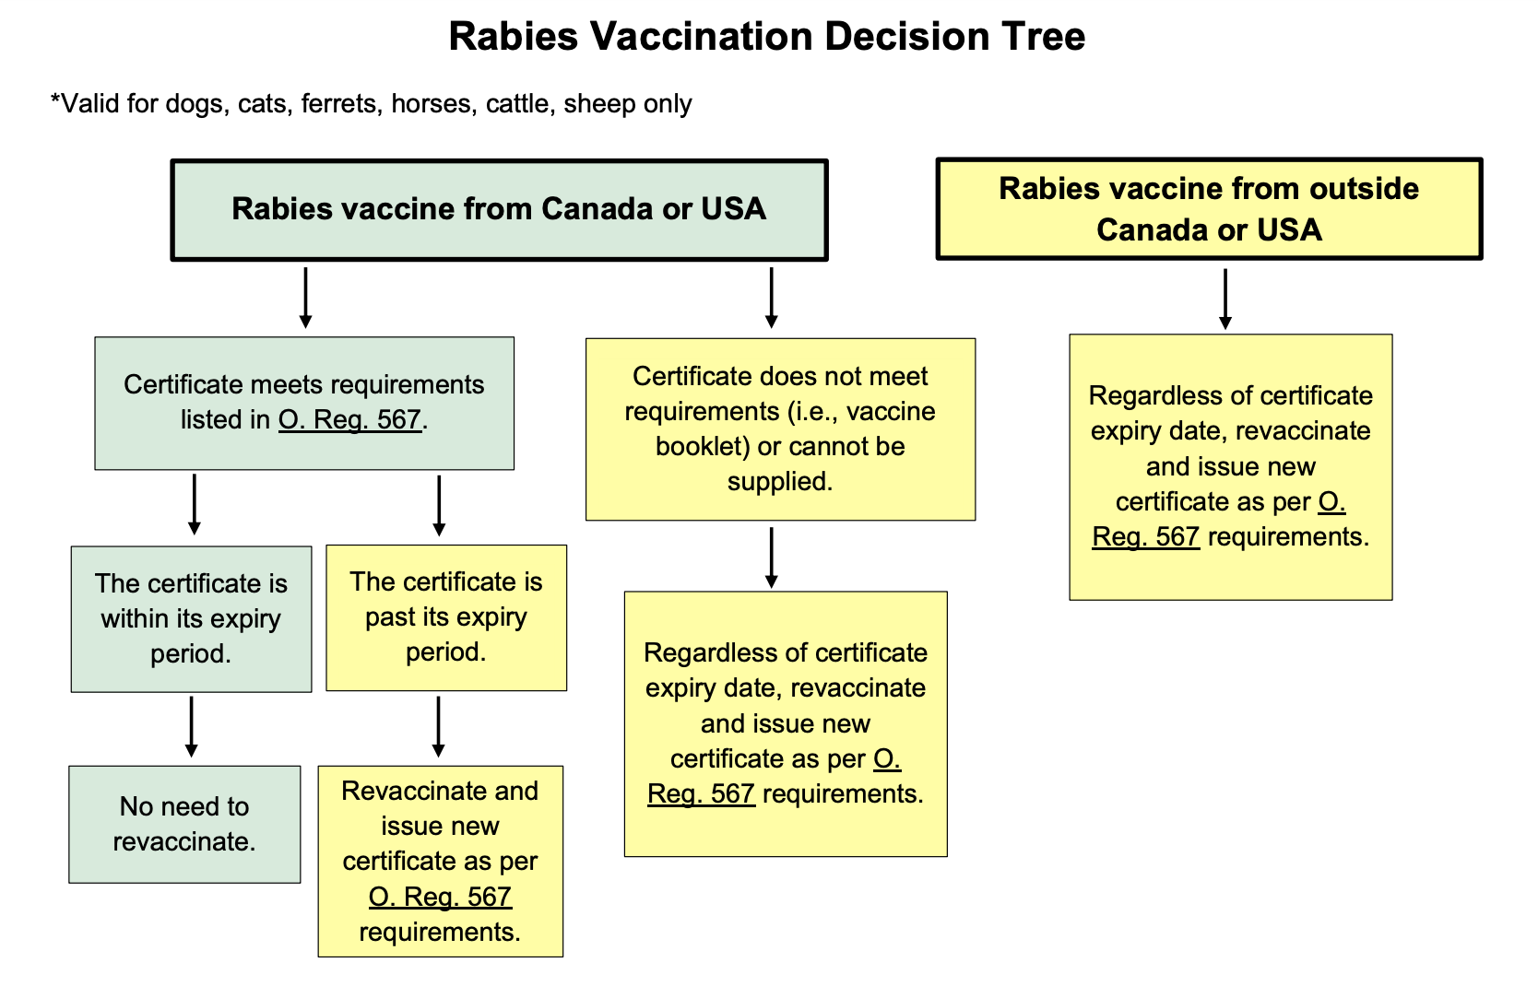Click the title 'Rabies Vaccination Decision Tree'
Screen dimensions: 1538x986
767,36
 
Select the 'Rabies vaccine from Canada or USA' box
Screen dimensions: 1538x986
499,210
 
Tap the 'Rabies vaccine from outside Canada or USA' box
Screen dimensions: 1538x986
1209,208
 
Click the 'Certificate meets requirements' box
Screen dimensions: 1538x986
304,403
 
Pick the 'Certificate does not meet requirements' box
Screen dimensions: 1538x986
780,428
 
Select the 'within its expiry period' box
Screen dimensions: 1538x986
191,619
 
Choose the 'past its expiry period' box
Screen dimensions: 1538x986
446,617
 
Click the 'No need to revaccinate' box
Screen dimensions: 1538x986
184,824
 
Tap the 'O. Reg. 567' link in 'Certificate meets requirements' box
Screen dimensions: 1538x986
349,419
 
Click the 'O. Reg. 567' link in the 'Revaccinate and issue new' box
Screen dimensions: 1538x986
440,896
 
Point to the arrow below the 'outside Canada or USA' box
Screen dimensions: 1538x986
1224,299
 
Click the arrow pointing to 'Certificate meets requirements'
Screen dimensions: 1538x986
305,298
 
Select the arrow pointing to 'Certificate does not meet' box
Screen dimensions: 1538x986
771,298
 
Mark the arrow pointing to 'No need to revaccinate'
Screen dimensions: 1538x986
192,727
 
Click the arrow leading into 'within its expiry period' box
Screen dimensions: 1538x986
195,504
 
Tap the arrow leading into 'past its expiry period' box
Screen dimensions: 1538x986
439,506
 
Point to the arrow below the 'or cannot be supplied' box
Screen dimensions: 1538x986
771,558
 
